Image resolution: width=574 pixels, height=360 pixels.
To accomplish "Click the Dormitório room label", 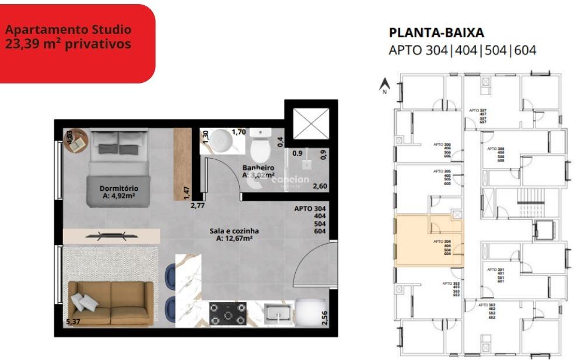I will click(x=118, y=192).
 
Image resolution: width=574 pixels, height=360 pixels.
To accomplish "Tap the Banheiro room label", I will click(x=258, y=171).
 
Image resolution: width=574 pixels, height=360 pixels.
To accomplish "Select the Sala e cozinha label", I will click(x=234, y=234).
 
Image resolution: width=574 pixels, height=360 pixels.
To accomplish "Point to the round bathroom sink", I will click(x=221, y=141).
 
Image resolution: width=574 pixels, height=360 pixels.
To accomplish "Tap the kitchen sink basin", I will click(x=277, y=313).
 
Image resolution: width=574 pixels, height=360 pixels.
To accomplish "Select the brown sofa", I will click(x=111, y=302).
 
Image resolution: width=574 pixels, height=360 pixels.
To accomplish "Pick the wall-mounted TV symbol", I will click(x=111, y=236).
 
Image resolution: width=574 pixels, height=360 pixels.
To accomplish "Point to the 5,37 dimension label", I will click(x=72, y=321).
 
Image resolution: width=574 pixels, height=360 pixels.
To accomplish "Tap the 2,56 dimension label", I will click(x=325, y=318).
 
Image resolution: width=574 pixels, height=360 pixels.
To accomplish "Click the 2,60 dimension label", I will click(x=320, y=186).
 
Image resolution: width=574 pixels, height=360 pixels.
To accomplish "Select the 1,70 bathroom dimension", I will click(x=238, y=132).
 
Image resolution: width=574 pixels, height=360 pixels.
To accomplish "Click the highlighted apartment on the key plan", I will click(x=429, y=241).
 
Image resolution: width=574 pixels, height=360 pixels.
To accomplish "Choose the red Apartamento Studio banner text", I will click(x=68, y=37).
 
